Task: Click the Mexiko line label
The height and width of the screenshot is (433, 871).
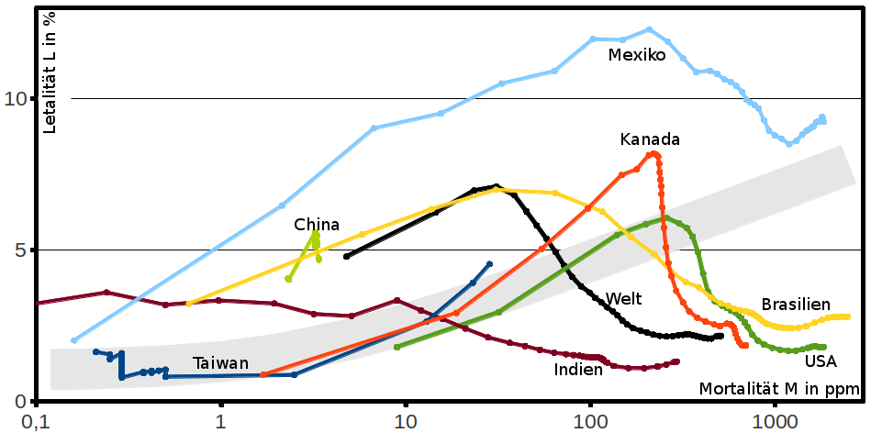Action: point(636,55)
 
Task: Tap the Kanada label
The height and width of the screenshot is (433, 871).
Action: point(649,139)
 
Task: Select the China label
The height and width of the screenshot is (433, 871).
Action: point(317,225)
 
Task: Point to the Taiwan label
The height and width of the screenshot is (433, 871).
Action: point(220,363)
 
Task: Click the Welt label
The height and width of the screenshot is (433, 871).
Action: point(623,299)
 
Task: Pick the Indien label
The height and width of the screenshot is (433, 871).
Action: point(578,370)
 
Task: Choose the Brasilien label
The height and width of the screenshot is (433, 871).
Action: point(796,305)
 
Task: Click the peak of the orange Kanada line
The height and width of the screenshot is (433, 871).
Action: point(653,153)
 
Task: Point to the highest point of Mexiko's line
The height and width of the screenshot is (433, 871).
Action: point(649,29)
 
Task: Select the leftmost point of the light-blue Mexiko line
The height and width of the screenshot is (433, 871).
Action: point(73,340)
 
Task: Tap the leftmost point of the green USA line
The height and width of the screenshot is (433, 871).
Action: point(396,347)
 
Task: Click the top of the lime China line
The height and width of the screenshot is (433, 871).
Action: point(316,233)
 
